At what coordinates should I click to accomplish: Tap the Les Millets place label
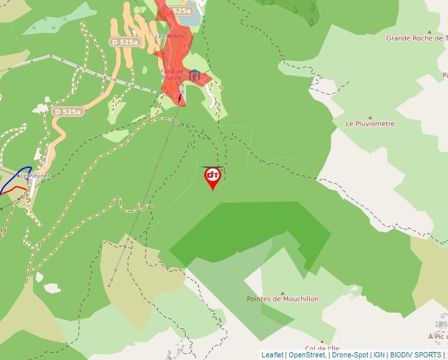tap(170, 36)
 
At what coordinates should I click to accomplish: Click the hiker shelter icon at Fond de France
tap(194, 76)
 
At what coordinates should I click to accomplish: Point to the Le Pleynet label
tap(34, 176)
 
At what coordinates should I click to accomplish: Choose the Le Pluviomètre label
tap(370, 123)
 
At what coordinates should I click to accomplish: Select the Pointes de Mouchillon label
tap(282, 299)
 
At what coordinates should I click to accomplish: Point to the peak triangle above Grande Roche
tap(430, 31)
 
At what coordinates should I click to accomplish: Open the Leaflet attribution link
tap(272, 355)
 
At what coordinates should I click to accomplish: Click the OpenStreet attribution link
tap(306, 355)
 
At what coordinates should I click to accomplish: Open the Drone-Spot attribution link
tap(350, 355)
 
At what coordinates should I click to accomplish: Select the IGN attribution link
tap(379, 355)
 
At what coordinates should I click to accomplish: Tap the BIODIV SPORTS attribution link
tap(415, 355)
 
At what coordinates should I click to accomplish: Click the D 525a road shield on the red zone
tap(178, 11)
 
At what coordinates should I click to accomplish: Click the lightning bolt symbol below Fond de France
tap(180, 98)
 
